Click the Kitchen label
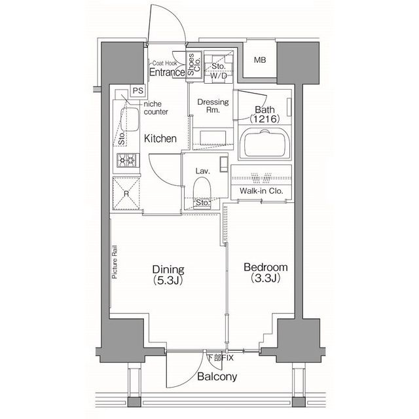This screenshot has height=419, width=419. (160, 138)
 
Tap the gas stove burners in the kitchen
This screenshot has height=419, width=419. (128, 160)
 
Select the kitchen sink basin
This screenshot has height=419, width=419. (130, 119)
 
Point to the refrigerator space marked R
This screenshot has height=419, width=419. (126, 193)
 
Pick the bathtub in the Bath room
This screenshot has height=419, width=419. (264, 144)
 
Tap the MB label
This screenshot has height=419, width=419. (260, 60)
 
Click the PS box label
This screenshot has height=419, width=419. (138, 90)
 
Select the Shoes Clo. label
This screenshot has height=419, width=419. (194, 64)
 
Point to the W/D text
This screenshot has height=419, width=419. (218, 76)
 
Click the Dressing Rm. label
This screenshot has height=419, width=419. (213, 106)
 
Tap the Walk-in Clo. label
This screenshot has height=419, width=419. (261, 191)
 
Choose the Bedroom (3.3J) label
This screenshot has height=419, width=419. (266, 272)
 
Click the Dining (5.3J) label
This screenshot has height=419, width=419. (168, 274)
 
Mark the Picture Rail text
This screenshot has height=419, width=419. (115, 262)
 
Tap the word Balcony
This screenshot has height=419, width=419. (217, 377)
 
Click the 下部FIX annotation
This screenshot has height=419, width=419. (221, 357)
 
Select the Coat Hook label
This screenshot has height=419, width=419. (164, 64)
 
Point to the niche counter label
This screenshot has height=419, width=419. (156, 107)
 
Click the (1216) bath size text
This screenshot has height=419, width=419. (264, 118)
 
